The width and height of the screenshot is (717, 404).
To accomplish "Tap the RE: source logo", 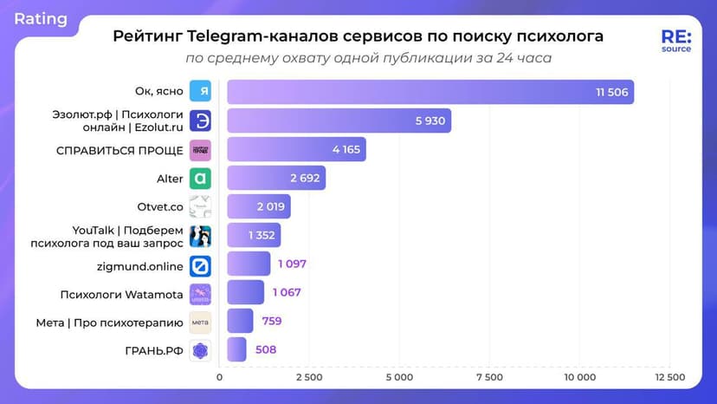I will coord(675,42).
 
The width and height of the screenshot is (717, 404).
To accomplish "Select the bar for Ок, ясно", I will coord(430,91).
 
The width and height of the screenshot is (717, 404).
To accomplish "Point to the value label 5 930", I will coord(430,121).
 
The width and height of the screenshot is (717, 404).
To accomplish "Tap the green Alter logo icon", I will coord(200,179).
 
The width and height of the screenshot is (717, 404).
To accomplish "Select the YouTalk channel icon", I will coord(200,236).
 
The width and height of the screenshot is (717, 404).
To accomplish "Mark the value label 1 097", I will coord(292,264).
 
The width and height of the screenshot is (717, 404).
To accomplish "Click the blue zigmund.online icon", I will coord(200,264).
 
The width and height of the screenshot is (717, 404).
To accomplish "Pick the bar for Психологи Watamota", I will coord(245,292).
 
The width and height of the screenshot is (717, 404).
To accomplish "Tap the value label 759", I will coord(271,321).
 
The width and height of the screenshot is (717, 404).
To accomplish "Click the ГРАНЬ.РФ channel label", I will coord(154,350).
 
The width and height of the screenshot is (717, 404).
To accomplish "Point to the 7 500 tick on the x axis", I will coord(489,377).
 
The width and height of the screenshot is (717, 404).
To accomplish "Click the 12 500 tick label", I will coord(669,377).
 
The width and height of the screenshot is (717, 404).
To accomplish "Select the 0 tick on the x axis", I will coord(219,377).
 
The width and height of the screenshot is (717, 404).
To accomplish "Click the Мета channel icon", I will coord(200,322).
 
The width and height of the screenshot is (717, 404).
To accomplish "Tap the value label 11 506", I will coord(610,91).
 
